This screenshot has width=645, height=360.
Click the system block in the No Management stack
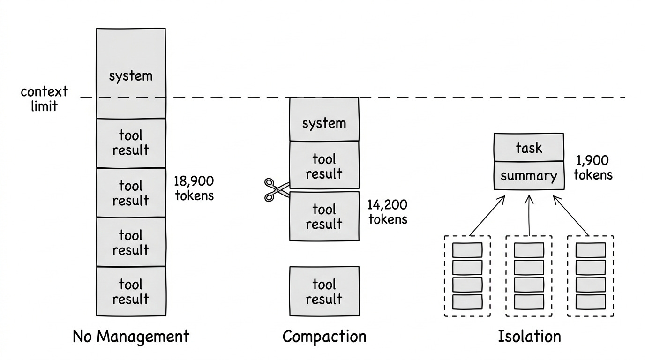(x=130, y=74)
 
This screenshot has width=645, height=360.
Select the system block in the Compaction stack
(x=324, y=120)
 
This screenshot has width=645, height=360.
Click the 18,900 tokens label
(x=194, y=188)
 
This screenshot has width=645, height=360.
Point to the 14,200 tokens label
(x=388, y=212)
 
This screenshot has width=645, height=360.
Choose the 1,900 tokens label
(x=592, y=168)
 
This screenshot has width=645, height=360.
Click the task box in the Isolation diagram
(x=529, y=148)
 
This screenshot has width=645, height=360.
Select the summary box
(x=529, y=176)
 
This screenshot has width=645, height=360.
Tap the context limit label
(x=44, y=98)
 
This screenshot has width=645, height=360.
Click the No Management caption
(x=131, y=337)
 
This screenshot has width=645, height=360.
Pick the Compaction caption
(x=324, y=337)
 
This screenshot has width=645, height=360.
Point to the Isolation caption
(x=529, y=337)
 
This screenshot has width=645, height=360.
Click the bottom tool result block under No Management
(x=131, y=291)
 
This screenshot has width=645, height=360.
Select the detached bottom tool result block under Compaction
(x=324, y=291)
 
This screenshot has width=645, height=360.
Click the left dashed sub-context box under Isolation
(x=467, y=276)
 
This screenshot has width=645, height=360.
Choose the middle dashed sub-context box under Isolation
(x=529, y=276)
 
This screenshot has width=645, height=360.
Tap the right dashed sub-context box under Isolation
(x=591, y=276)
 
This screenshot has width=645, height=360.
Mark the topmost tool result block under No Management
(x=131, y=143)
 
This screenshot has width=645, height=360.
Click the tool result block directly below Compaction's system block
(x=324, y=166)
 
